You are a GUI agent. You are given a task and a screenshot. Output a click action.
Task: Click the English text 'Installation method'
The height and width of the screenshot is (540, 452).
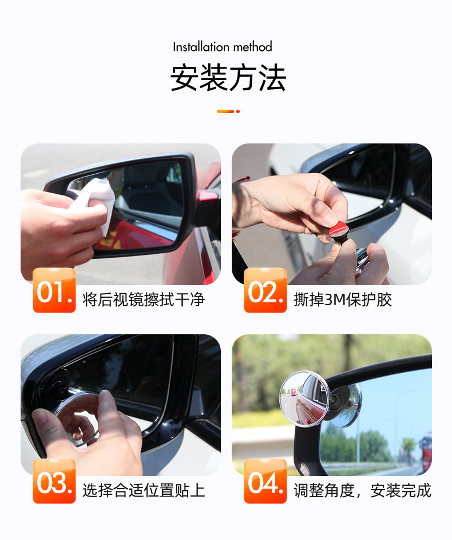(223, 47)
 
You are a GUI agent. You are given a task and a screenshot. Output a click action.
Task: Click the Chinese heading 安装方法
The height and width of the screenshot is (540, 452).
(228, 78)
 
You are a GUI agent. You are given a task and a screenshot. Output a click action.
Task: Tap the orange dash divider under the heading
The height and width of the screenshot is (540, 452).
(228, 111)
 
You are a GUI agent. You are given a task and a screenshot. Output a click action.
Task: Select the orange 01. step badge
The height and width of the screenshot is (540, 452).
(54, 290)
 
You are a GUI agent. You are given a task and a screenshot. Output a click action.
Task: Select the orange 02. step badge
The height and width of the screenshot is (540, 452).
(265, 290)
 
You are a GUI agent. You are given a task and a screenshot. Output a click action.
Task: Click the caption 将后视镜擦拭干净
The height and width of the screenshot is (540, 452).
(144, 299)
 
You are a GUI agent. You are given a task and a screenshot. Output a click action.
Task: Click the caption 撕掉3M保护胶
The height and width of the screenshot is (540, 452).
(343, 299)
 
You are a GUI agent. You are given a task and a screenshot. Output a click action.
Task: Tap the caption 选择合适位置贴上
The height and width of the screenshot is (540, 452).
(144, 490)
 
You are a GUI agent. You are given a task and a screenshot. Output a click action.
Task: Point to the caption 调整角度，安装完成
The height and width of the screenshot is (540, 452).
(362, 490)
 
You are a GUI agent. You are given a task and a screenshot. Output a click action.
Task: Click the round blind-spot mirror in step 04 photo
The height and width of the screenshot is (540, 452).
(305, 398)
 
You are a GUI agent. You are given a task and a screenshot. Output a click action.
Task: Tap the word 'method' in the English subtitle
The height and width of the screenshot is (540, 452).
(252, 47)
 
